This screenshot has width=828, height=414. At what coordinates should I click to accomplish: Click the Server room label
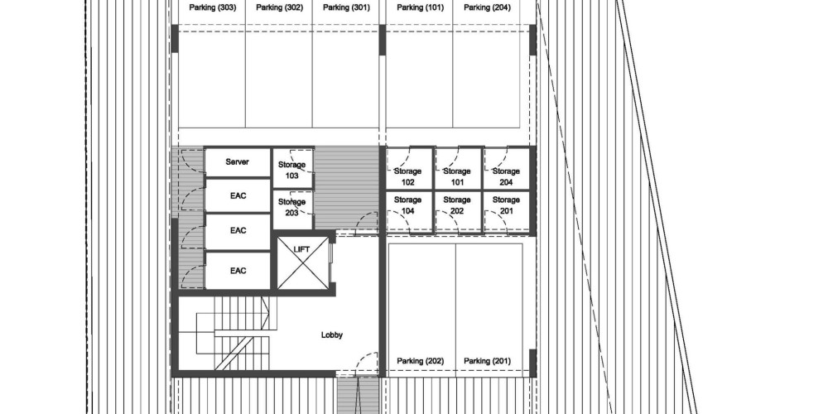pyautogui.click(x=237, y=161)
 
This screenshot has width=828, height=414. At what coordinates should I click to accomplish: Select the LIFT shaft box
pyautogui.click(x=303, y=263)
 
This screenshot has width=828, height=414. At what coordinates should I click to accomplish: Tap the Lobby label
pyautogui.click(x=332, y=335)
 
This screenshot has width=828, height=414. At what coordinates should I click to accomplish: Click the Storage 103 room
pyautogui.click(x=292, y=168)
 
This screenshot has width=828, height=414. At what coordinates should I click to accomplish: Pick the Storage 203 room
pyautogui.click(x=292, y=209)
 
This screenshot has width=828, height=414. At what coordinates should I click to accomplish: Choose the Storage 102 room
pyautogui.click(x=409, y=168)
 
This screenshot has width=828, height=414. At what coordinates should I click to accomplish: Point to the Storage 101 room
pyautogui.click(x=457, y=168)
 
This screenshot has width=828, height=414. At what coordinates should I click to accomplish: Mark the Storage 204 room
pyautogui.click(x=507, y=168)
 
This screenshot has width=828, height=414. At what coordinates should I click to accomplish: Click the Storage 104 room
pyautogui.click(x=409, y=211)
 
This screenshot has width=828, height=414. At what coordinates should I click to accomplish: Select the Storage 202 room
pyautogui.click(x=457, y=211)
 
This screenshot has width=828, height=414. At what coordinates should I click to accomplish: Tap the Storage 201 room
pyautogui.click(x=507, y=211)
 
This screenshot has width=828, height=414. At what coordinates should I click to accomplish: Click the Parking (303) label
pyautogui.click(x=212, y=7)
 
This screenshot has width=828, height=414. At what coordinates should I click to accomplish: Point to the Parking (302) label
pyautogui.click(x=279, y=7)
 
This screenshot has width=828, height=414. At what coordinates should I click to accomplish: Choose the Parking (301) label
pyautogui.click(x=346, y=7)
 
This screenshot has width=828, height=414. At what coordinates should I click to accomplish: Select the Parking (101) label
pyautogui.click(x=421, y=7)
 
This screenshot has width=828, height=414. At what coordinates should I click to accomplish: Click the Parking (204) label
pyautogui.click(x=487, y=7)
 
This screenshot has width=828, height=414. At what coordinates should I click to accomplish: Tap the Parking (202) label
pyautogui.click(x=421, y=361)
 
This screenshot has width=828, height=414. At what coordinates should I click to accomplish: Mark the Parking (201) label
pyautogui.click(x=487, y=361)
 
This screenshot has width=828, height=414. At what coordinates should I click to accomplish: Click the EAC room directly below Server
pyautogui.click(x=238, y=196)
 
